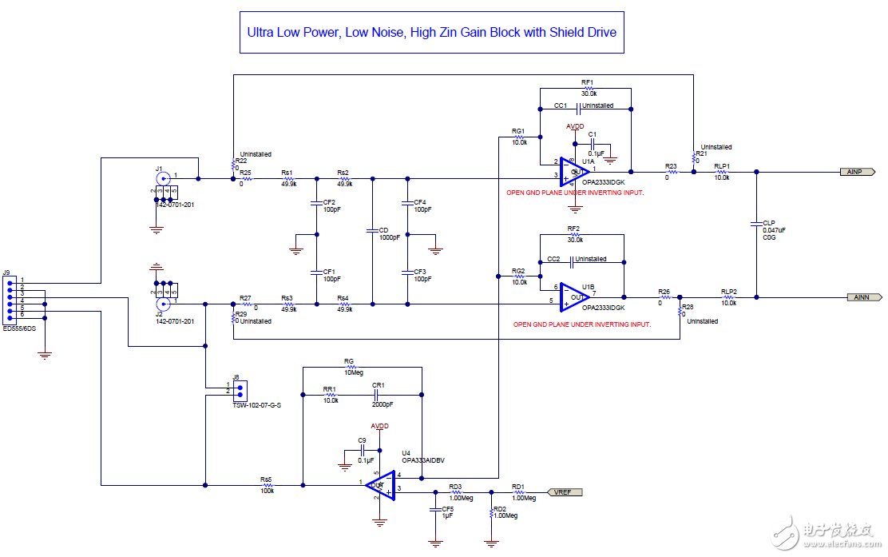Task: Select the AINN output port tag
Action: click(x=860, y=297)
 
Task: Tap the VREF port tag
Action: click(x=564, y=492)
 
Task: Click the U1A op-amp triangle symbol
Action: click(x=574, y=169)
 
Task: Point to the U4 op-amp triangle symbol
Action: click(x=381, y=484)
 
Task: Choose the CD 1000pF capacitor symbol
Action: click(x=372, y=230)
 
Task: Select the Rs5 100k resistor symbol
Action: click(x=268, y=485)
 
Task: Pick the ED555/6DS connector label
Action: click(x=19, y=328)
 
